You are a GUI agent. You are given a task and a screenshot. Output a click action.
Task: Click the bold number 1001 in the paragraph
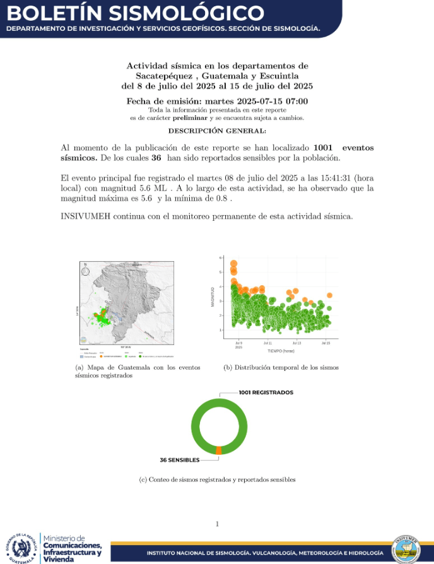[x=322, y=148]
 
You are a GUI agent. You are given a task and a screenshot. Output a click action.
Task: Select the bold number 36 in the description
[x=156, y=157]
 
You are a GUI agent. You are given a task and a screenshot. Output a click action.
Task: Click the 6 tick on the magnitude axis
[x=220, y=257]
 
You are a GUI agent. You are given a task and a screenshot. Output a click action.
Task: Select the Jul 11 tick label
[x=267, y=343]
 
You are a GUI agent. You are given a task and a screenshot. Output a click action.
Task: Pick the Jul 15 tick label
[x=325, y=343]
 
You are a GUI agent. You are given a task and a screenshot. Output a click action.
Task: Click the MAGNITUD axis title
[x=213, y=297]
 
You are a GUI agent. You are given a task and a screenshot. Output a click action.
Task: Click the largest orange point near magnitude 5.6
[x=233, y=264]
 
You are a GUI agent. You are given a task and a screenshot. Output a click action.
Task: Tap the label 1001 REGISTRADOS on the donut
[x=266, y=392]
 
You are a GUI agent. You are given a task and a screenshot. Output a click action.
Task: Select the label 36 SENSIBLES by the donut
[x=180, y=460]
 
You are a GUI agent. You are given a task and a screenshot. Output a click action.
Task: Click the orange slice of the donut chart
[x=218, y=450]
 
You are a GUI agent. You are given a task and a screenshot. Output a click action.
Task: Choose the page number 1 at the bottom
[x=217, y=524]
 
